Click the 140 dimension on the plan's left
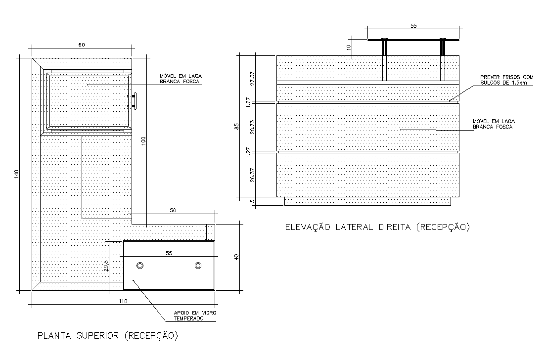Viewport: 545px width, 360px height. [16, 174]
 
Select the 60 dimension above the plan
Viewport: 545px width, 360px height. [82, 45]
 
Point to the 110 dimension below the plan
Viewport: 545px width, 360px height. [123, 301]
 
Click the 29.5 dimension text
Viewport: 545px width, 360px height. [106, 267]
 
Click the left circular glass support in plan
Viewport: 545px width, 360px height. [140, 266]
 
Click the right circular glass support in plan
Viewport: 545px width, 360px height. [198, 266]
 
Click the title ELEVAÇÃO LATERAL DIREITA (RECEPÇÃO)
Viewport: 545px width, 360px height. [377, 227]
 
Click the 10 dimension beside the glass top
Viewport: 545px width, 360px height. [349, 47]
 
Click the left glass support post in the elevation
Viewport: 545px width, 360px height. [384, 60]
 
